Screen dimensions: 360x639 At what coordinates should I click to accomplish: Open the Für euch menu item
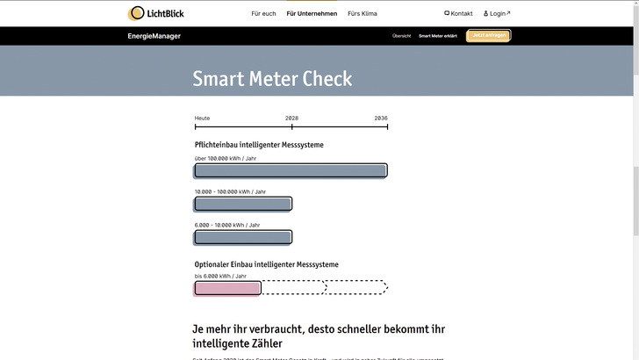(x=263, y=14)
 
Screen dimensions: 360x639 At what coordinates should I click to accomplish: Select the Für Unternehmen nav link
(x=312, y=14)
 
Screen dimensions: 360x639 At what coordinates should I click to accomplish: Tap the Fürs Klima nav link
(x=363, y=14)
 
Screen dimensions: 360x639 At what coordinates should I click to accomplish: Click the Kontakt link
(x=459, y=14)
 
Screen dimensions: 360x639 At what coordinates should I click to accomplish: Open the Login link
(x=497, y=14)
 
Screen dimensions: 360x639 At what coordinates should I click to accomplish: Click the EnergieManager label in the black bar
(x=154, y=36)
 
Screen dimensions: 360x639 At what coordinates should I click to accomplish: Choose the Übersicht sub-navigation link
(x=401, y=36)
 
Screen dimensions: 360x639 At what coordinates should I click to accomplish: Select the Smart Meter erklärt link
(x=437, y=36)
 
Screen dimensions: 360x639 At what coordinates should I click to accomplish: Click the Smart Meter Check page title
(x=272, y=78)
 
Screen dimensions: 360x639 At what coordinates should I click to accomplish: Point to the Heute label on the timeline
(x=202, y=118)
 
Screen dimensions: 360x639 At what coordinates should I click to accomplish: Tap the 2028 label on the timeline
(x=291, y=118)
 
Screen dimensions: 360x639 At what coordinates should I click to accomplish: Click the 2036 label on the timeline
(x=381, y=118)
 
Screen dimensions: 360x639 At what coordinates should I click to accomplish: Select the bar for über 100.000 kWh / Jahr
(x=291, y=170)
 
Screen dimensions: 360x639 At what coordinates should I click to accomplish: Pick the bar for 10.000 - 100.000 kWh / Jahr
(x=243, y=204)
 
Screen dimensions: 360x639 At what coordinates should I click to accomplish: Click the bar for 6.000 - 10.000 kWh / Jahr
(x=243, y=237)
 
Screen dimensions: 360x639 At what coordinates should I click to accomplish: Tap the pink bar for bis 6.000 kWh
(x=228, y=287)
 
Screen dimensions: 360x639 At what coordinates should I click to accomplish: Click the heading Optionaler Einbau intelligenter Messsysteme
(x=266, y=264)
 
